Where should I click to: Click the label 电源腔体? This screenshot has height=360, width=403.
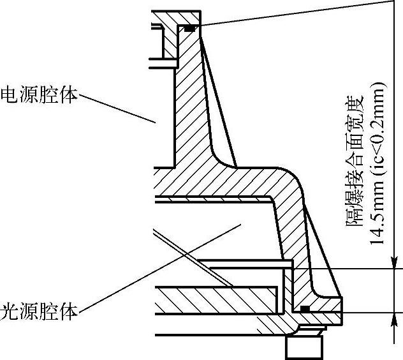click(x=40, y=94)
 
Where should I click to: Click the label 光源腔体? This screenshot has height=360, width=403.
click(x=40, y=311)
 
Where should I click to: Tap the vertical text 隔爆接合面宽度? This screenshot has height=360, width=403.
click(x=354, y=163)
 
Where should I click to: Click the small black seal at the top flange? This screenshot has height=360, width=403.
click(x=189, y=28)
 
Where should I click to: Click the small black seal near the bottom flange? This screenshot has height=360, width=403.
click(x=305, y=309)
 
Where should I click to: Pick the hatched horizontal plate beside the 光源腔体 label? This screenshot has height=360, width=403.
click(x=217, y=301)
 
